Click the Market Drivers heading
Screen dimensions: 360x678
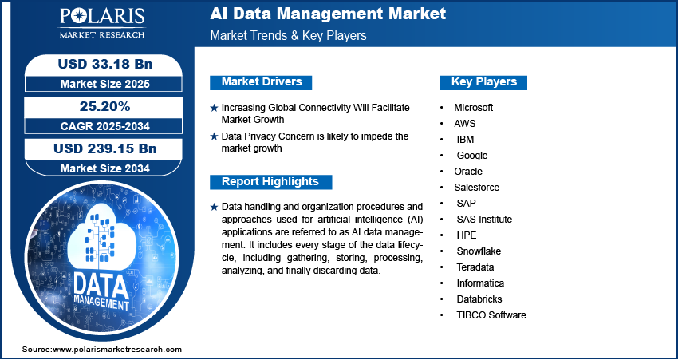point(260,82)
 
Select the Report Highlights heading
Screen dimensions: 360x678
point(270,181)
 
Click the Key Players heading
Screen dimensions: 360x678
point(483,82)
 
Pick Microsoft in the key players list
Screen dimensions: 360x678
point(474,107)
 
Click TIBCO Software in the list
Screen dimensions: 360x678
point(491,315)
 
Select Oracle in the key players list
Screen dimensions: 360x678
point(468,171)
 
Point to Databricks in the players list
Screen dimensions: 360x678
point(479,299)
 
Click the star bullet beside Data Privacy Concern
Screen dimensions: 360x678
point(214,136)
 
